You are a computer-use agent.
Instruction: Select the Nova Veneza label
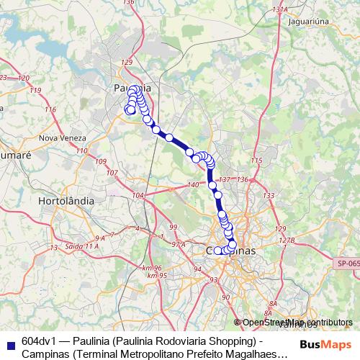point(63,138)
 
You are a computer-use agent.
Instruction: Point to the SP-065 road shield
point(348,264)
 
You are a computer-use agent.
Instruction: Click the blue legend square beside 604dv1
point(10,341)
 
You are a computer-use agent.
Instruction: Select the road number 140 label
point(192,186)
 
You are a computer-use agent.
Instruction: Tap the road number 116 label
point(50,109)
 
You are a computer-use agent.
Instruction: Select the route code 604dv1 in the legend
point(40,341)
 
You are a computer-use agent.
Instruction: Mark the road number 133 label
point(269,196)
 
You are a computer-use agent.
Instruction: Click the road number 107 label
point(112,173)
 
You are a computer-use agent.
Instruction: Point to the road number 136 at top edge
point(129,3)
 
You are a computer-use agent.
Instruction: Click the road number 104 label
point(138,196)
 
